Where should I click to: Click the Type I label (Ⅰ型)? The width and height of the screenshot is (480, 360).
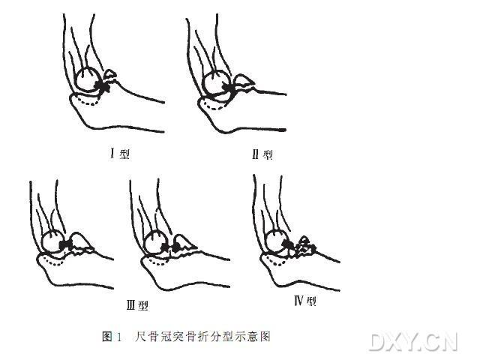tap(119, 154)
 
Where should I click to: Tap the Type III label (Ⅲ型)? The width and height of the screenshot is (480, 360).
tap(136, 305)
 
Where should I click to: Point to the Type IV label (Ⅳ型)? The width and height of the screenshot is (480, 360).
tap(305, 301)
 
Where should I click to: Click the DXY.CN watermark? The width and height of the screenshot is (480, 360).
tap(413, 341)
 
